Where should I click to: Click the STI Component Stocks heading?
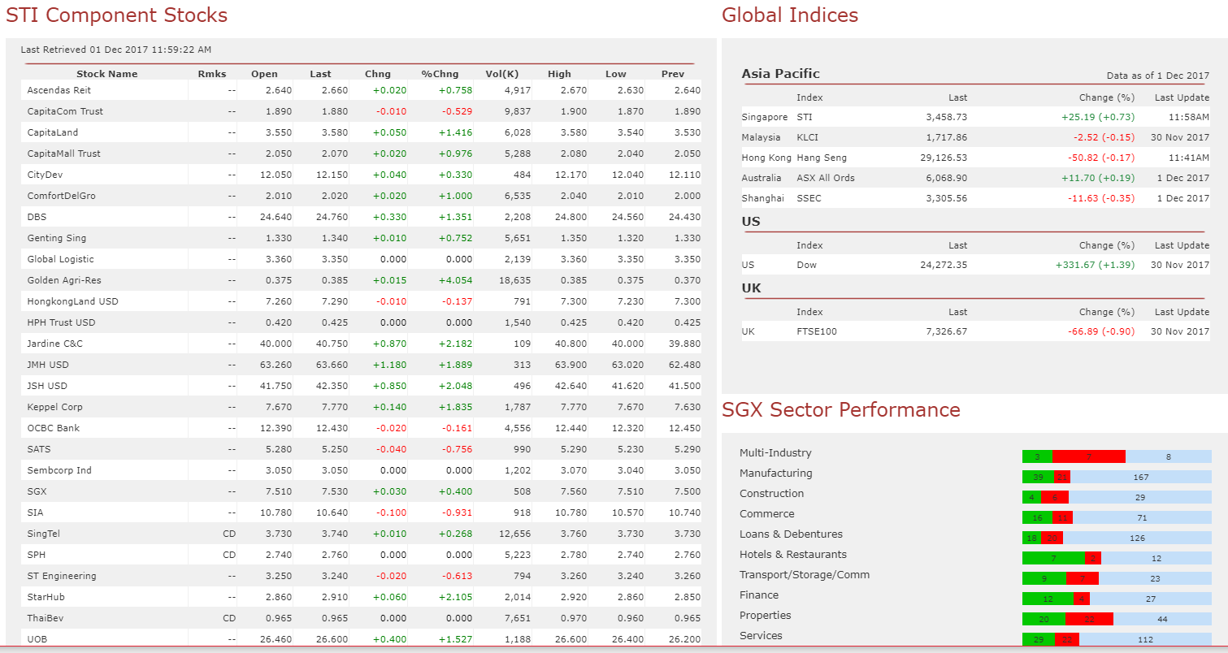(116, 15)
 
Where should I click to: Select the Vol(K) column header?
(501, 74)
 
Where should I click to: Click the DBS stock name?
(37, 217)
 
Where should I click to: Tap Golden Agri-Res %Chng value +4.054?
(455, 280)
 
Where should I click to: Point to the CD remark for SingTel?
(228, 534)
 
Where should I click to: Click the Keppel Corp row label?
(54, 407)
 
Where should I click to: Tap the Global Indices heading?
(789, 15)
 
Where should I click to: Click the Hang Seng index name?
(822, 158)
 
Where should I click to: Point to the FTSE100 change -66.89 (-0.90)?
(1100, 331)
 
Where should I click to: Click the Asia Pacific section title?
(780, 74)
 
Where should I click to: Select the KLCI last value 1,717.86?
(946, 137)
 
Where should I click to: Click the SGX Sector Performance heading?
(840, 410)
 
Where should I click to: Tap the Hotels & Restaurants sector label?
(792, 555)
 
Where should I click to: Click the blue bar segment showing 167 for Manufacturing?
(1140, 478)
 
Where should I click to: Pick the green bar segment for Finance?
(1047, 599)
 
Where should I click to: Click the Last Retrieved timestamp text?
(115, 50)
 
